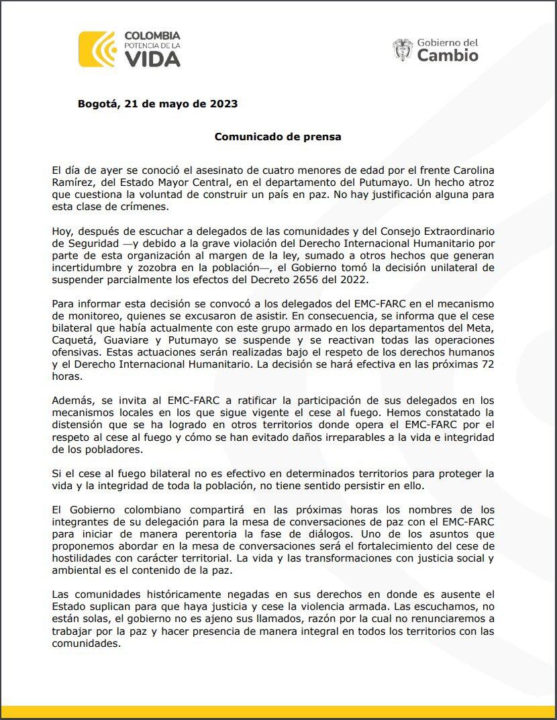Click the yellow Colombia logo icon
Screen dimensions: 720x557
[97, 49]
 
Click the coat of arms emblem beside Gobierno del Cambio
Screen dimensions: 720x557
[403, 50]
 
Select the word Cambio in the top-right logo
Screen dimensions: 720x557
[448, 56]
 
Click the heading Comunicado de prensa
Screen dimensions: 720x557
[278, 136]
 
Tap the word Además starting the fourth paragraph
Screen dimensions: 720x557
[72, 401]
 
